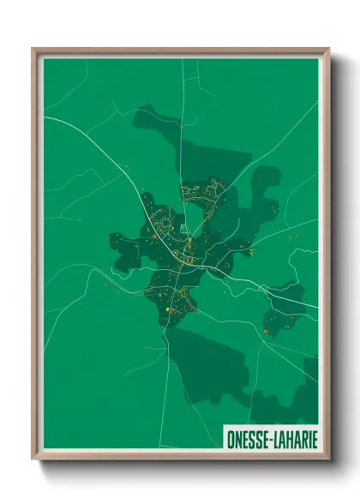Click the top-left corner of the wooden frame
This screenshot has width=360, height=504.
tap(33, 49)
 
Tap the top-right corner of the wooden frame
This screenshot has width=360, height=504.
tap(328, 49)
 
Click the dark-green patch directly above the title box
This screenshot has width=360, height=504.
tap(296, 399)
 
